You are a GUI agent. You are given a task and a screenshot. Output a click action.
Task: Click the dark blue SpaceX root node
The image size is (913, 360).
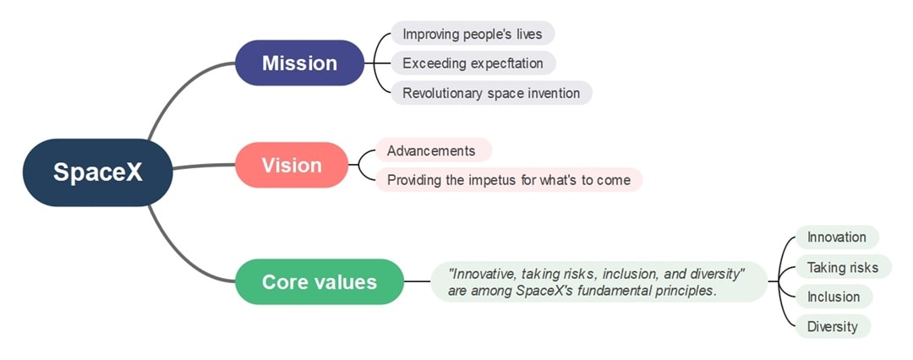pyautogui.click(x=97, y=172)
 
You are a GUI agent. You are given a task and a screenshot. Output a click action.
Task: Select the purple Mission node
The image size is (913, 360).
pyautogui.click(x=299, y=63)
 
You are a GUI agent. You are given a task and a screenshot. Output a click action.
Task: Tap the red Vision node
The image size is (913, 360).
pyautogui.click(x=291, y=165)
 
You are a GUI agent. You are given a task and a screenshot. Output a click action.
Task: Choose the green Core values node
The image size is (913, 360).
pyautogui.click(x=319, y=281)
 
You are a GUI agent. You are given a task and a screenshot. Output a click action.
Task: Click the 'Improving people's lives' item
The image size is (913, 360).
pyautogui.click(x=472, y=34)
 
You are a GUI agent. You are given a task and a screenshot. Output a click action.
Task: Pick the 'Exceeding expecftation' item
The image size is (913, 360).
pyautogui.click(x=472, y=63)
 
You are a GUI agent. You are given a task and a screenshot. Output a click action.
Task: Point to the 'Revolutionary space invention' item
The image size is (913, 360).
pyautogui.click(x=490, y=93)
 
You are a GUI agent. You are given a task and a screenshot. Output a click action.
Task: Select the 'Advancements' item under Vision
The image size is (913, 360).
pyautogui.click(x=432, y=150)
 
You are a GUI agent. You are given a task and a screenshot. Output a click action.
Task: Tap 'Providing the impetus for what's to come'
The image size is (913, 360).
pyautogui.click(x=508, y=180)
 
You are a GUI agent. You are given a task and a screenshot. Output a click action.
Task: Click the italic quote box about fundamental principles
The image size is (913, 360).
pyautogui.click(x=597, y=281)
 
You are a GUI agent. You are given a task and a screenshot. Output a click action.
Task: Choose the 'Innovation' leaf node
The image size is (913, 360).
pyautogui.click(x=836, y=237)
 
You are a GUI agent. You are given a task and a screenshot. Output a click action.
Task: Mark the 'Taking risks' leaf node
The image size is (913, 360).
pyautogui.click(x=842, y=267)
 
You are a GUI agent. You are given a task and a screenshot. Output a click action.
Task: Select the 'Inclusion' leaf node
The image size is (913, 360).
pyautogui.click(x=833, y=297)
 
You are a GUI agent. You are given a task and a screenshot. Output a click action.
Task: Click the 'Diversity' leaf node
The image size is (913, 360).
pyautogui.click(x=832, y=326)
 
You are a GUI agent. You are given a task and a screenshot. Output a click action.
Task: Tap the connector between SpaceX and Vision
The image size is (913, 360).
pyautogui.click(x=203, y=166)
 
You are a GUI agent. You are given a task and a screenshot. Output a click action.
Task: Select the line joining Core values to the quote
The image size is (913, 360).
pyautogui.click(x=417, y=281)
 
